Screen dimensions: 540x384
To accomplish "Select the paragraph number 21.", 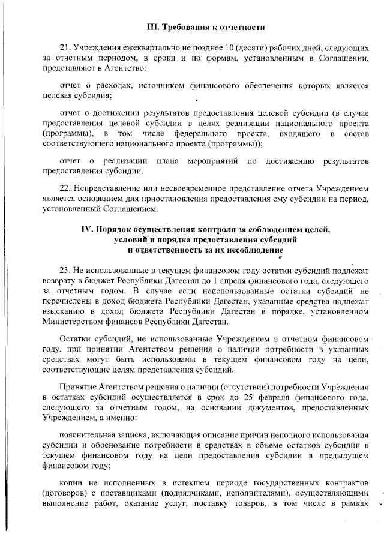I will (65, 48).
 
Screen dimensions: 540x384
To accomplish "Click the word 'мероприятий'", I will (214, 161).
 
